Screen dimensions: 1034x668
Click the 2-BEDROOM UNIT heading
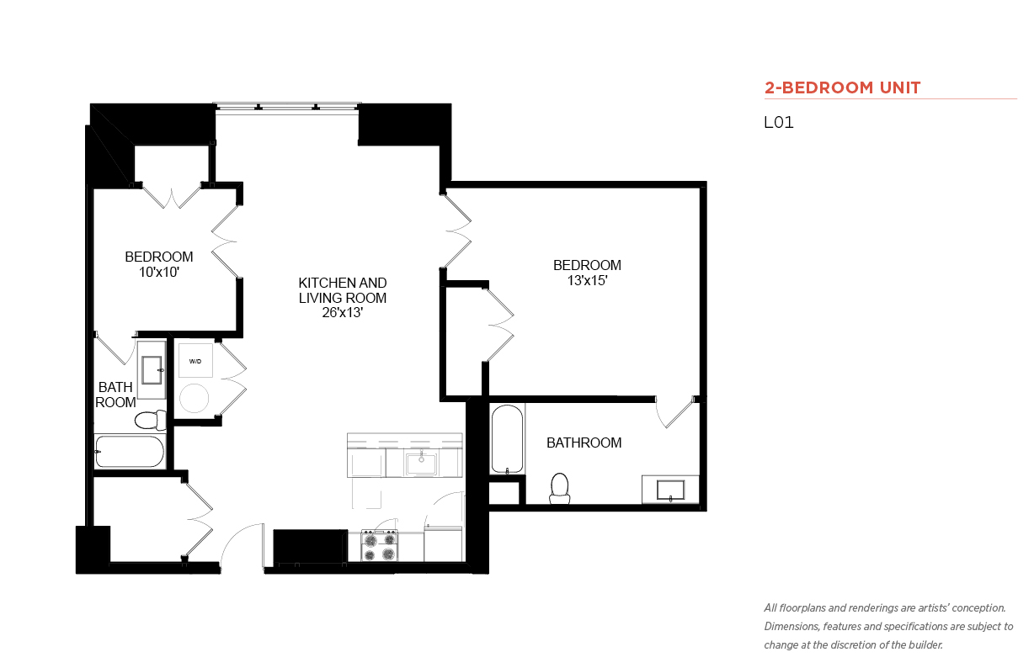click(842, 87)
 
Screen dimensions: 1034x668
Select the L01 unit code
click(779, 122)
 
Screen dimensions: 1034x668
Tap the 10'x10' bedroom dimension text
click(159, 273)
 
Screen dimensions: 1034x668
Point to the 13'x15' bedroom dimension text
click(587, 280)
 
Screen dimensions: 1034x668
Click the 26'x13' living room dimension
click(343, 313)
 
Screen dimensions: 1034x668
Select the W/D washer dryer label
click(195, 361)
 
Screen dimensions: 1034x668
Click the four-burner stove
click(380, 546)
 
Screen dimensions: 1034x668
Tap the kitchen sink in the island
click(421, 464)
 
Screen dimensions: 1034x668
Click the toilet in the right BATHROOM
click(559, 489)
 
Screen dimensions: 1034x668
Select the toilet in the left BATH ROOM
click(151, 420)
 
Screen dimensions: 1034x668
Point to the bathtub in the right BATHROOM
click(507, 438)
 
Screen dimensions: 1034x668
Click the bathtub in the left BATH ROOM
click(130, 451)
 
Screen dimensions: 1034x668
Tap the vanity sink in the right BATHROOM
click(671, 490)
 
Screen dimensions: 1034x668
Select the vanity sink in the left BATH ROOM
click(152, 369)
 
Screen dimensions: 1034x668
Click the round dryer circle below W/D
click(194, 398)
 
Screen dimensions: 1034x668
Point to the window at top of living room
click(286, 107)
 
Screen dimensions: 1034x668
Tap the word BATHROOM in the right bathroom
click(584, 443)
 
